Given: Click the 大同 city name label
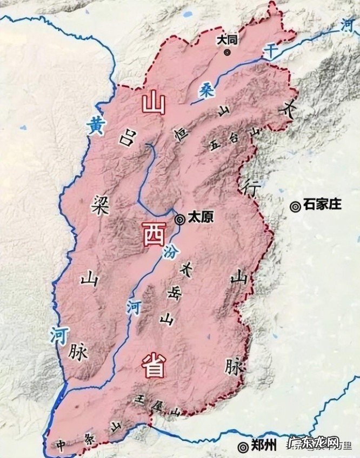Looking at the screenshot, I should pos(227,39).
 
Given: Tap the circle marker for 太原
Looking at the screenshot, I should pos(180,219).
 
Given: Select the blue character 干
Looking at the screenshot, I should pos(270,51).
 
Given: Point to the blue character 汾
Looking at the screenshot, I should pos(169,252).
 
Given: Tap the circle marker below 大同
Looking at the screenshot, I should pos(227,52).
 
